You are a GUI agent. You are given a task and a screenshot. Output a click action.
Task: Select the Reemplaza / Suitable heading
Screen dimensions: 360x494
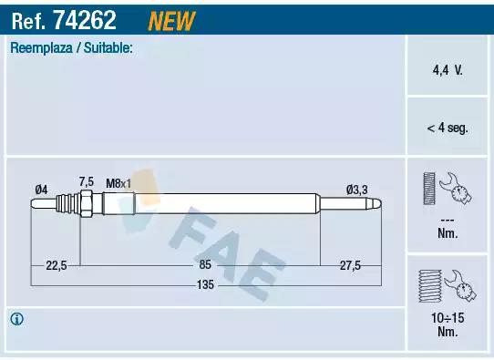(x=71, y=48)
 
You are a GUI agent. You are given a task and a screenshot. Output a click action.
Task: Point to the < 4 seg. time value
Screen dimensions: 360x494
(x=447, y=129)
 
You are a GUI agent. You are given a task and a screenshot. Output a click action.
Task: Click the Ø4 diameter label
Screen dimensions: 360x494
(x=41, y=189)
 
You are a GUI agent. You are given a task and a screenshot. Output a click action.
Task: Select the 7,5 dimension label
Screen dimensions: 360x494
(x=87, y=181)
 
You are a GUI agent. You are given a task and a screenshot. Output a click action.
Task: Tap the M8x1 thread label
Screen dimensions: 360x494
(x=118, y=183)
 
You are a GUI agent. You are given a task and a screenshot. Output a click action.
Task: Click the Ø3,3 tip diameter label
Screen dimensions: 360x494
(x=357, y=189)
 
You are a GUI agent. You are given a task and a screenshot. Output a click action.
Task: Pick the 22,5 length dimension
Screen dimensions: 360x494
(x=57, y=265)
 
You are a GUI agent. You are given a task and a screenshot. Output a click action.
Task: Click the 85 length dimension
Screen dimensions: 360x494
(x=205, y=265)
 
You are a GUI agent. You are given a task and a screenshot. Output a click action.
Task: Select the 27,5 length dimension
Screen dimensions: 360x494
(x=350, y=265)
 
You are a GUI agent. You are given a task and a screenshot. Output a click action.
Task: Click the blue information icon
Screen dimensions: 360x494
(x=17, y=319)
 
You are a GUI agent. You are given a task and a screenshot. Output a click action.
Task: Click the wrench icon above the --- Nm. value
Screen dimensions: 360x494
(x=447, y=190)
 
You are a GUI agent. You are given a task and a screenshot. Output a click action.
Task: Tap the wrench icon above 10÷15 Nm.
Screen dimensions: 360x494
(x=447, y=285)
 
